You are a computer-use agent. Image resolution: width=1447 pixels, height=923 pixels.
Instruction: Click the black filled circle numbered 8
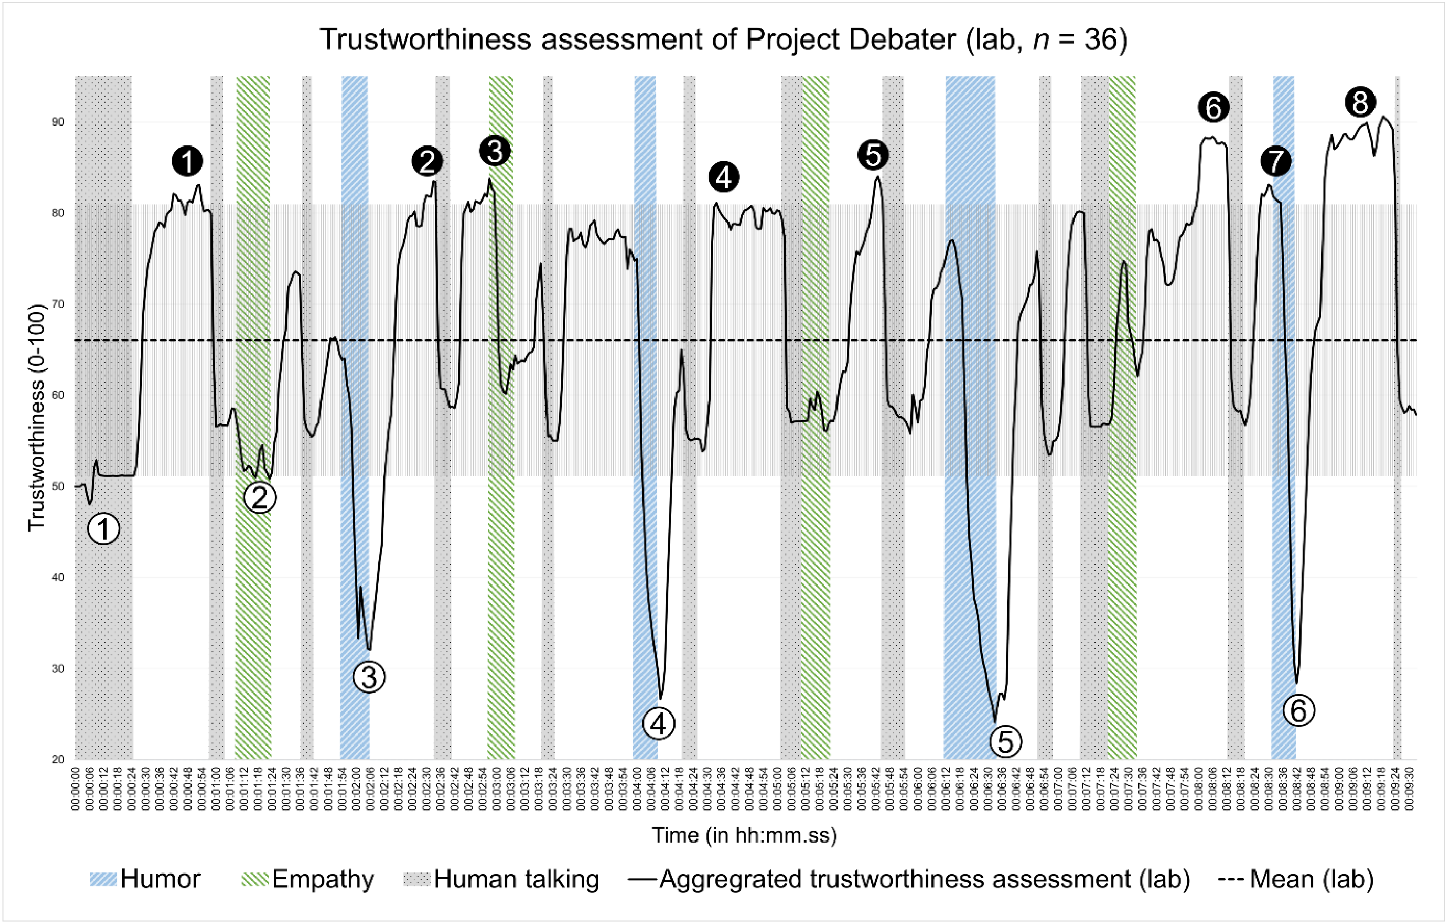coord(1360,102)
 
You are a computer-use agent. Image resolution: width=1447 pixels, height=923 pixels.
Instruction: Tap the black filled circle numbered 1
coord(188,161)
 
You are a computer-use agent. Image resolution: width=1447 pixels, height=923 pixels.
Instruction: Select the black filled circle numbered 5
coord(873,155)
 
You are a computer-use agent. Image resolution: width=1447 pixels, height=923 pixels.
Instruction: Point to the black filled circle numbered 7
coord(1276,161)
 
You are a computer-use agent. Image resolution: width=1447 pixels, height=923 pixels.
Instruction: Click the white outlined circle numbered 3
coord(369,677)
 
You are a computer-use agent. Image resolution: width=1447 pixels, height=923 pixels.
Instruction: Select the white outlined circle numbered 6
coord(1299,711)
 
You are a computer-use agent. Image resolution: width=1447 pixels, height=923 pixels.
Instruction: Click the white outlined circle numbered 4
coord(659,724)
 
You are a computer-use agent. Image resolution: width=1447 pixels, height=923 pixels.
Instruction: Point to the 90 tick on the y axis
coord(59,122)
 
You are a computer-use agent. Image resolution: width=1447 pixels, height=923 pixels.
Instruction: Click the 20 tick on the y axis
coord(59,759)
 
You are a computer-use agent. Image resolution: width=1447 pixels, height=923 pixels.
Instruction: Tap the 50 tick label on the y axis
coord(59,486)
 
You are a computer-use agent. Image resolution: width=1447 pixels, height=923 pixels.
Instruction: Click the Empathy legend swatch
coord(255,879)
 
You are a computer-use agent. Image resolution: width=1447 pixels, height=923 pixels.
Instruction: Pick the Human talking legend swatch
coord(417,879)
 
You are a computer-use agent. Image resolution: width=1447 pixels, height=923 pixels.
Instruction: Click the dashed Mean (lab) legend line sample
coord(1232,879)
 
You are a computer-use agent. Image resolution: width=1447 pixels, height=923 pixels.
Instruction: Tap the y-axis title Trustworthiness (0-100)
coord(37,418)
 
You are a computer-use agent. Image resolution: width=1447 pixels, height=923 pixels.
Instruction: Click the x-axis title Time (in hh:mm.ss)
coord(745,835)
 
